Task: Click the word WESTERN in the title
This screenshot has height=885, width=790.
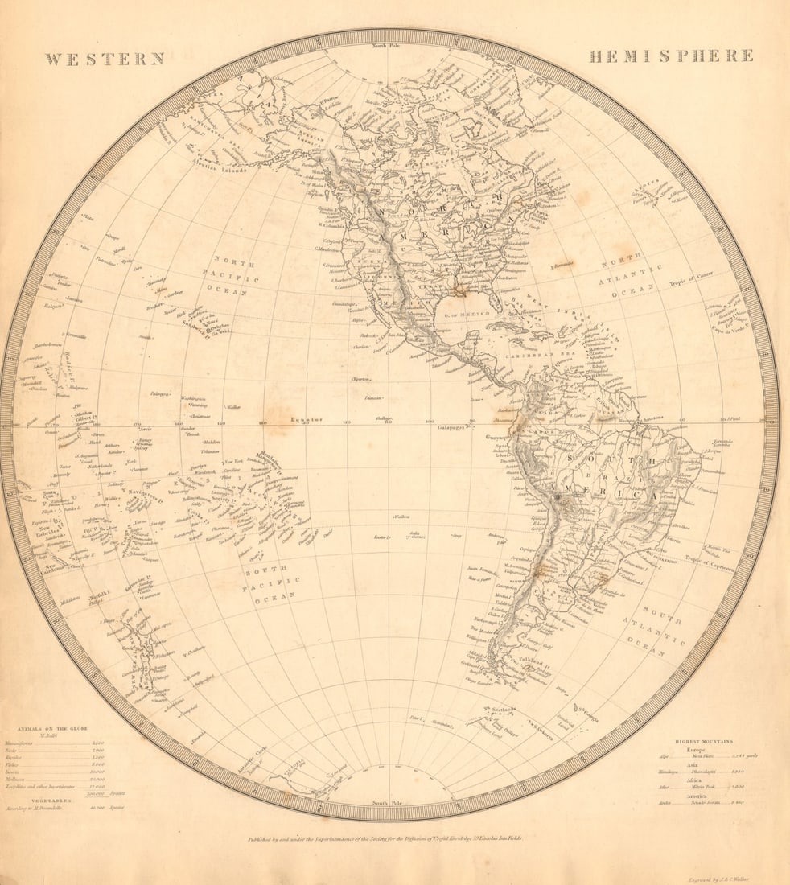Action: click(105, 59)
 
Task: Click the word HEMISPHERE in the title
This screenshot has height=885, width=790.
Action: click(671, 56)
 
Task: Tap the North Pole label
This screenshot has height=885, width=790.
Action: click(390, 46)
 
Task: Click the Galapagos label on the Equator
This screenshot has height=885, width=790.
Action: click(454, 428)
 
